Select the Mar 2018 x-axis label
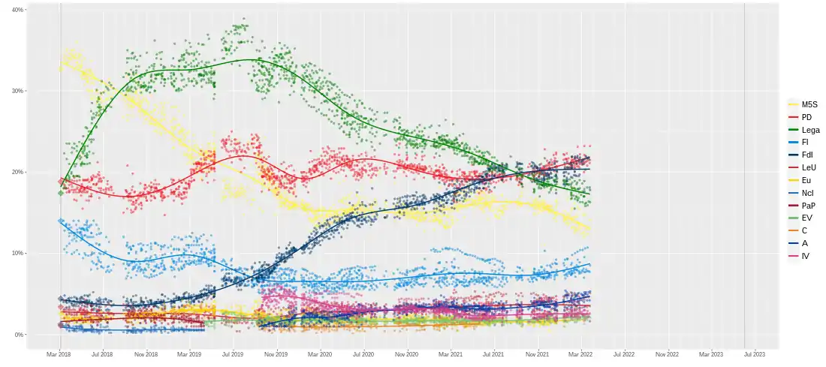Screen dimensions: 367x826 pos(59,353)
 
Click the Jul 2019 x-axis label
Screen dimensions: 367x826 pos(233,353)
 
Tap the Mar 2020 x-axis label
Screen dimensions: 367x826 pos(320,353)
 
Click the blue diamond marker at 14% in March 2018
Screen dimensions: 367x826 pos(61,221)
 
